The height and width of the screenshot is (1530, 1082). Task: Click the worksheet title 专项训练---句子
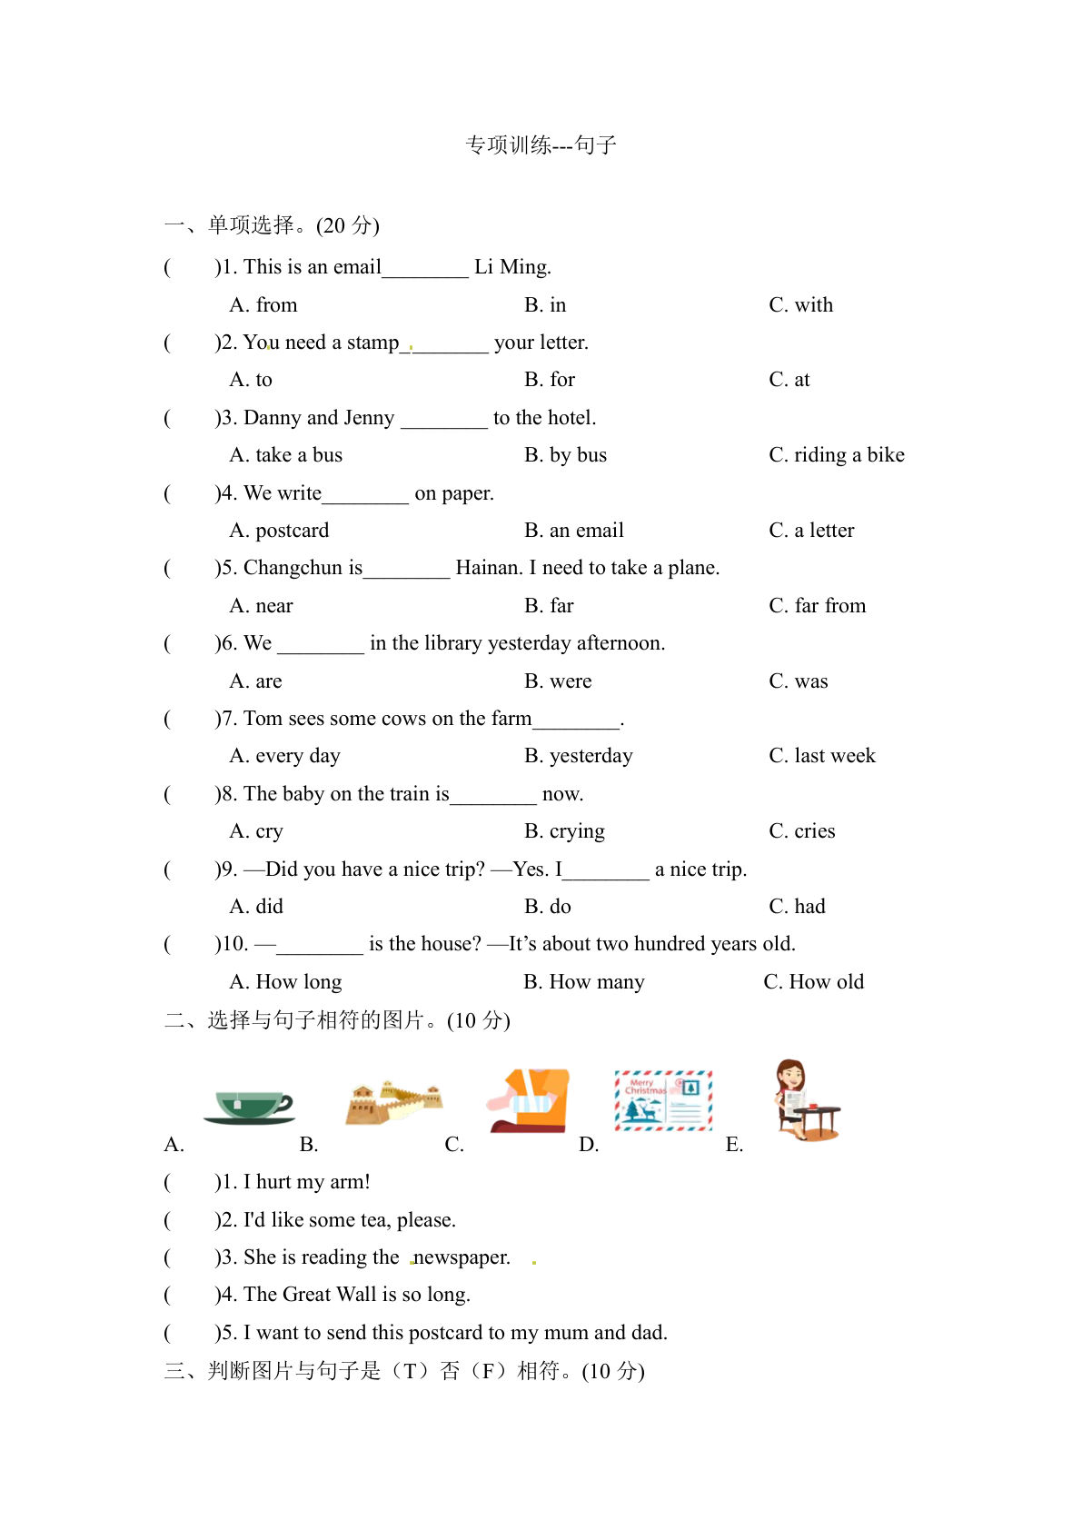tap(541, 145)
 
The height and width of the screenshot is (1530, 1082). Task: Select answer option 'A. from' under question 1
tap(263, 305)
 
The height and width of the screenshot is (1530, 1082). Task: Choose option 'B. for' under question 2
tap(550, 380)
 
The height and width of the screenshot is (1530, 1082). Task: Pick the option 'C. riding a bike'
tap(836, 455)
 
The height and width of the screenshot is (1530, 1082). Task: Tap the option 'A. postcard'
tap(279, 531)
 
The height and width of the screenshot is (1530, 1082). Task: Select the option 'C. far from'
tap(817, 606)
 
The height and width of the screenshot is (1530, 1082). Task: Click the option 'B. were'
tap(558, 681)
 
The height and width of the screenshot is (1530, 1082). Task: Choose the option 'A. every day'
tap(284, 756)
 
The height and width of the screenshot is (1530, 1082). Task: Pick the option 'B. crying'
tap(564, 831)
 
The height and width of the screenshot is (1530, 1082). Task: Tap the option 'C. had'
tap(797, 907)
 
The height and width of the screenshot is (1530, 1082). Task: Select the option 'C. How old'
tap(813, 982)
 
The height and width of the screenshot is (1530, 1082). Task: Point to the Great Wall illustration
tap(393, 1102)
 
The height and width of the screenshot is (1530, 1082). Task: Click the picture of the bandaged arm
tap(529, 1100)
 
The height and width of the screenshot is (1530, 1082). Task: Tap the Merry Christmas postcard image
tap(663, 1100)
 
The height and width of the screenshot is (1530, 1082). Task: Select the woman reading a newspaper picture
tap(805, 1099)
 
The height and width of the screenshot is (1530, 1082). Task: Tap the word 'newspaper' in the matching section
tap(462, 1257)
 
